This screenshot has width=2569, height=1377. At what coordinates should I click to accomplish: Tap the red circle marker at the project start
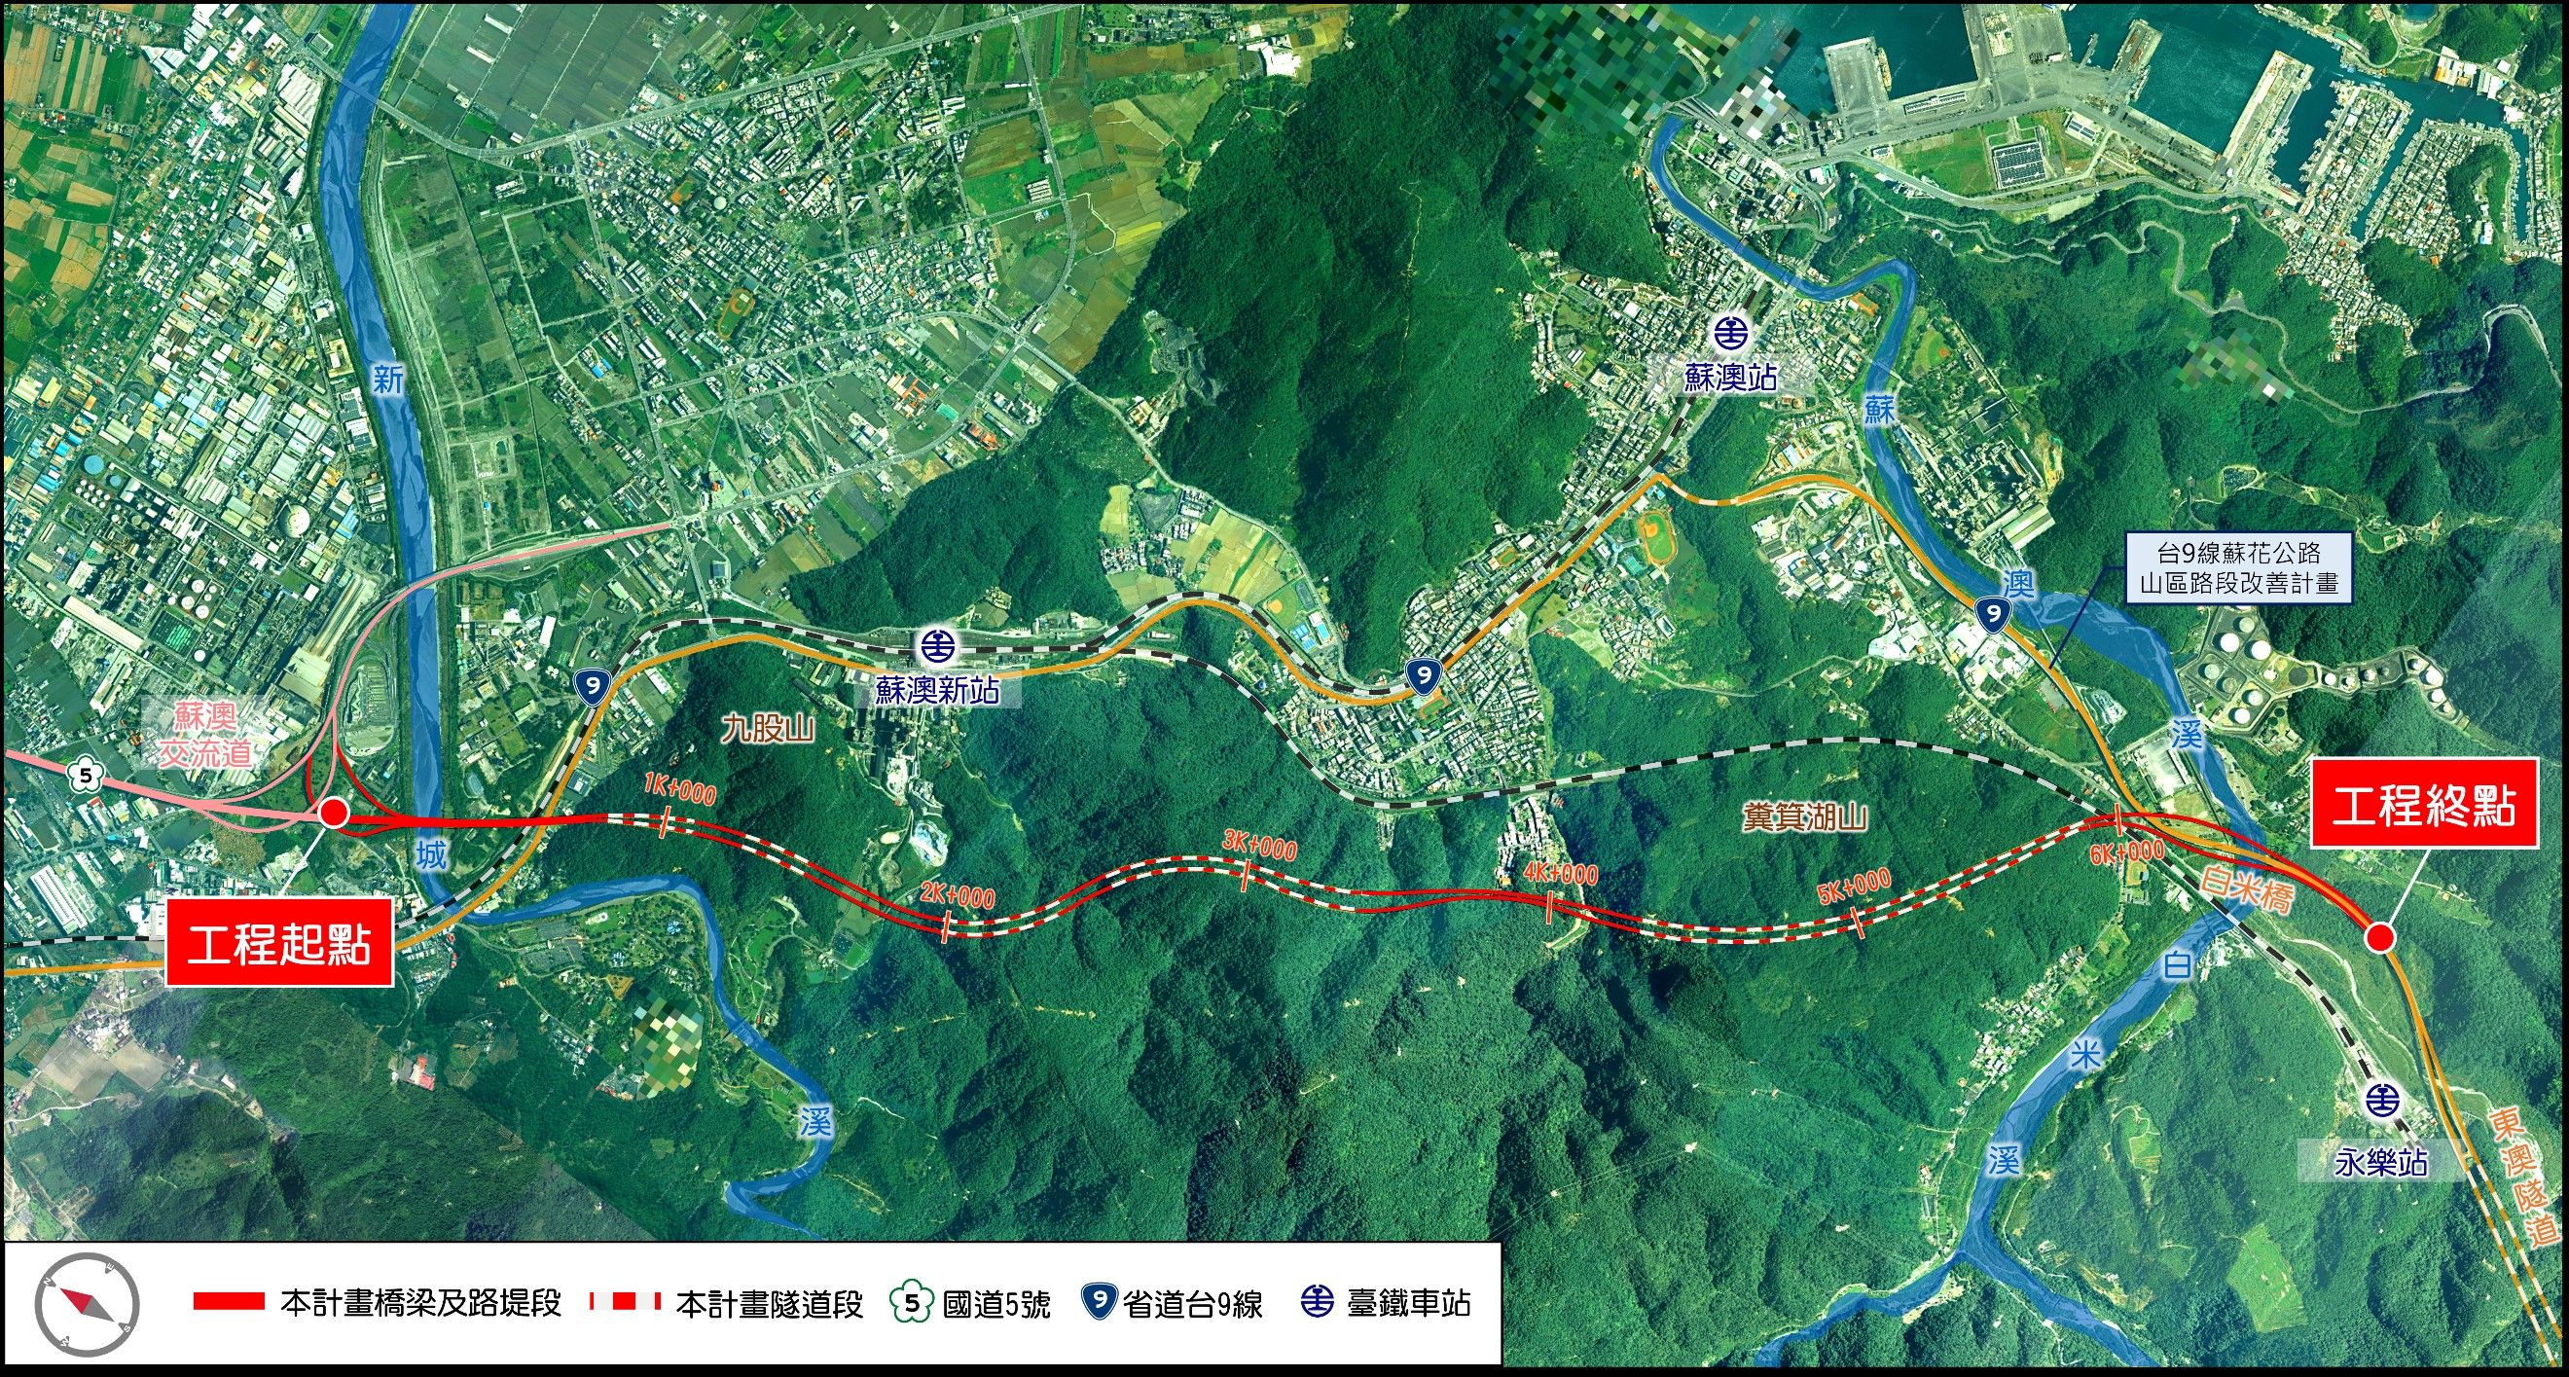(333, 814)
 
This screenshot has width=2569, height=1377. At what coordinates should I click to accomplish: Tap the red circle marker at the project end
(2379, 936)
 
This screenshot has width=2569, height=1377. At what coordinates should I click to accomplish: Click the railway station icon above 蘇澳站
(1730, 331)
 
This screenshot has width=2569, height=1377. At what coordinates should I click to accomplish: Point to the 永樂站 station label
(2379, 1163)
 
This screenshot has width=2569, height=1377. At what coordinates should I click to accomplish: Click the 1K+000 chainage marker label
(679, 791)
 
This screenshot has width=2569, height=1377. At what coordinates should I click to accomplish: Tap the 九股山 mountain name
(769, 729)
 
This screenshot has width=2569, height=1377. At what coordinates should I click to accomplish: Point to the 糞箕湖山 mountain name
(1805, 817)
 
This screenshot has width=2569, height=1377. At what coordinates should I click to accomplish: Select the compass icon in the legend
(87, 1303)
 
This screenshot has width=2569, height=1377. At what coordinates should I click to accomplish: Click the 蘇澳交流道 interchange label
(205, 734)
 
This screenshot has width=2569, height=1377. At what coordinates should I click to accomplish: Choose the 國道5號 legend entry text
(995, 1304)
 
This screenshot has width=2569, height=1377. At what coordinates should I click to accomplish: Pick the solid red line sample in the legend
(229, 1301)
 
